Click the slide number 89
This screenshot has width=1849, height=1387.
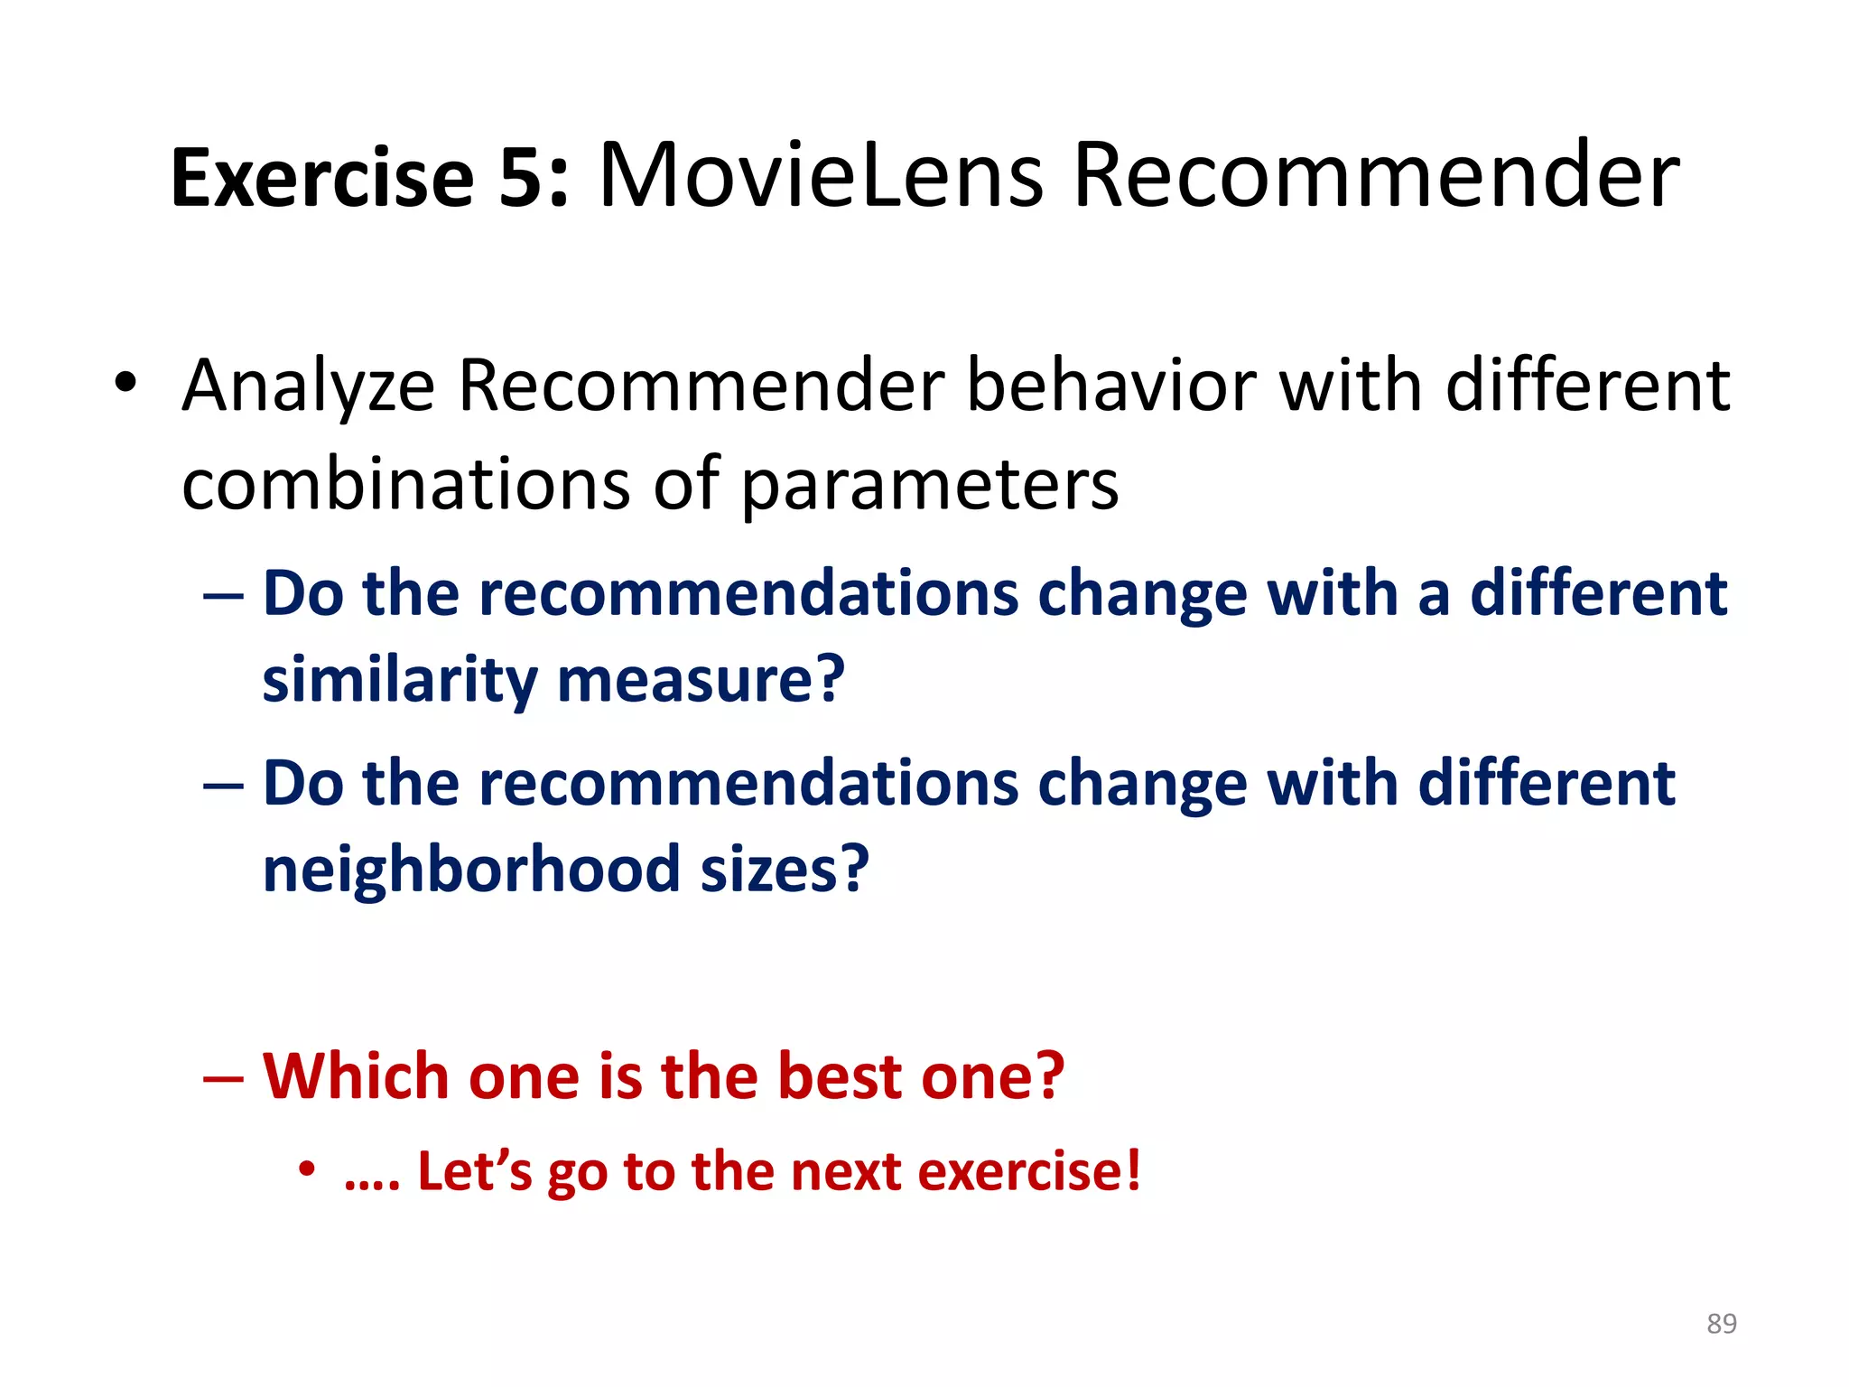1721,1323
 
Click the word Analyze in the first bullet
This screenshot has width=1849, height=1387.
308,386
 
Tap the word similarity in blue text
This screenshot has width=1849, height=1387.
398,680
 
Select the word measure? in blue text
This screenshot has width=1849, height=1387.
702,680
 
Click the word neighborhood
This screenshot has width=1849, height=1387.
470,869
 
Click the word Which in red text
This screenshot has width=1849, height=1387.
355,1076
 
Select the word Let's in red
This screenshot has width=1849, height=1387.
474,1172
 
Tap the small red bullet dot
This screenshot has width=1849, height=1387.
307,1169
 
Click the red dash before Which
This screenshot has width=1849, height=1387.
223,1078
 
